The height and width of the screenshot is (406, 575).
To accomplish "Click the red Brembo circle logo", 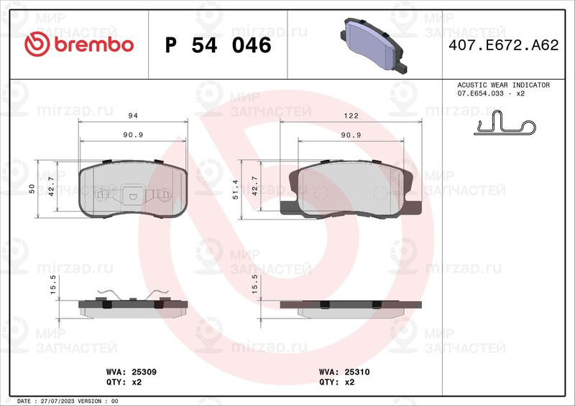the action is coord(37,44).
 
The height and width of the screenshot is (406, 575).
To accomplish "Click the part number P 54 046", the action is coord(218,45).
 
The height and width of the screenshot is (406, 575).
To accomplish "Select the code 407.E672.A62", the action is coord(504,45).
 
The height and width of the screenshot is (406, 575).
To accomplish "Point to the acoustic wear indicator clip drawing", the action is coord(505,123).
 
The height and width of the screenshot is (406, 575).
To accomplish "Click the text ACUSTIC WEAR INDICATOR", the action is coord(504,85).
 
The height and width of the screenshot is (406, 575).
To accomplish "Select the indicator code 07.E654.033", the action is coord(480,93).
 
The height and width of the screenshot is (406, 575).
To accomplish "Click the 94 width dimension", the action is coord(133,115).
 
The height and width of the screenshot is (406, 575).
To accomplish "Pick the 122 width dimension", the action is coord(351,115).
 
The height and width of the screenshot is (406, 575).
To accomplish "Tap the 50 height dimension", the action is coord(32,189).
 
